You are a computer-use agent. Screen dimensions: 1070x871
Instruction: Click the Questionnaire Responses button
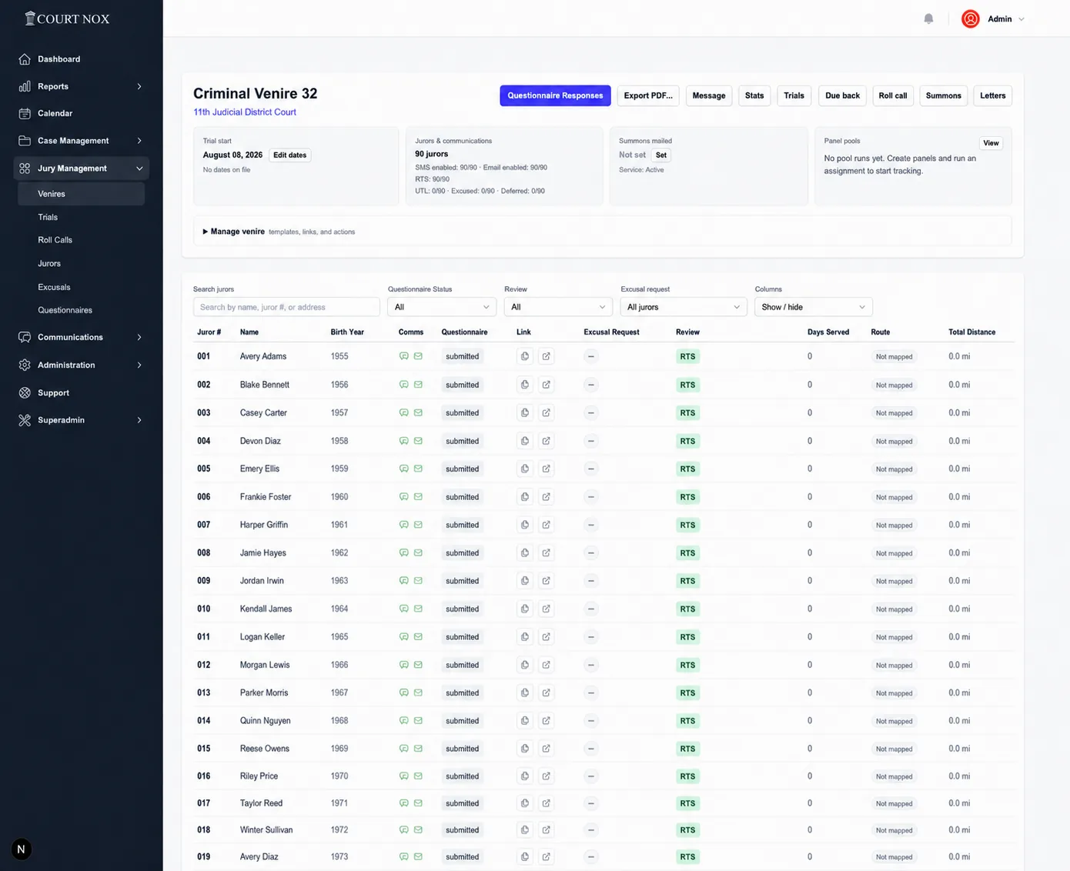pyautogui.click(x=555, y=95)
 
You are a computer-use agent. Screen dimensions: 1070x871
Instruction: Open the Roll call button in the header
pyautogui.click(x=893, y=95)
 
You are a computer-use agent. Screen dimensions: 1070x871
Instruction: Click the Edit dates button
pyautogui.click(x=289, y=155)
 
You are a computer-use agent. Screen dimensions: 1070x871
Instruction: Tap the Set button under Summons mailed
pyautogui.click(x=660, y=155)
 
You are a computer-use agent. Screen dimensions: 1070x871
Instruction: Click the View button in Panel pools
pyautogui.click(x=991, y=143)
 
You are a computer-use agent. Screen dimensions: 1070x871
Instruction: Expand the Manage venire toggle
pyautogui.click(x=233, y=232)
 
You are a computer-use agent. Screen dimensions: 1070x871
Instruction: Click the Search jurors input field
pyautogui.click(x=286, y=307)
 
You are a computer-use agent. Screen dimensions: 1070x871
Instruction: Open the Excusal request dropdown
pyautogui.click(x=684, y=307)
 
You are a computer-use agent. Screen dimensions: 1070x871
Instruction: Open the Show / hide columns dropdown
pyautogui.click(x=814, y=307)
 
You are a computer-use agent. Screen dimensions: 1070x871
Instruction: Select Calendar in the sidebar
pyautogui.click(x=55, y=113)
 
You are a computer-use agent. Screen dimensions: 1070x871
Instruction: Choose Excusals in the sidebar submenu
pyautogui.click(x=54, y=287)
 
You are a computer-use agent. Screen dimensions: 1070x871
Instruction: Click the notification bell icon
pyautogui.click(x=928, y=18)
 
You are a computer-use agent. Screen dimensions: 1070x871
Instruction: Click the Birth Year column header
pyautogui.click(x=347, y=332)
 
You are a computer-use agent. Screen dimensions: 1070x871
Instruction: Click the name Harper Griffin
pyautogui.click(x=264, y=525)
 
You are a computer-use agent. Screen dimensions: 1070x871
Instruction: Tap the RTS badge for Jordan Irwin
pyautogui.click(x=687, y=581)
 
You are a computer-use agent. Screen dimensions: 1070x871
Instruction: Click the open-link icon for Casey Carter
pyautogui.click(x=546, y=412)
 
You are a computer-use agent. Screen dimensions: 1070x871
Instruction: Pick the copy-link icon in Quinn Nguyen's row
pyautogui.click(x=524, y=720)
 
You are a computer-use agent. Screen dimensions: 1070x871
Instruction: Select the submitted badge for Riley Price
pyautogui.click(x=462, y=776)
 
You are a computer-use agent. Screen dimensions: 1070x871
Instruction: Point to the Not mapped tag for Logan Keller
pyautogui.click(x=894, y=637)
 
